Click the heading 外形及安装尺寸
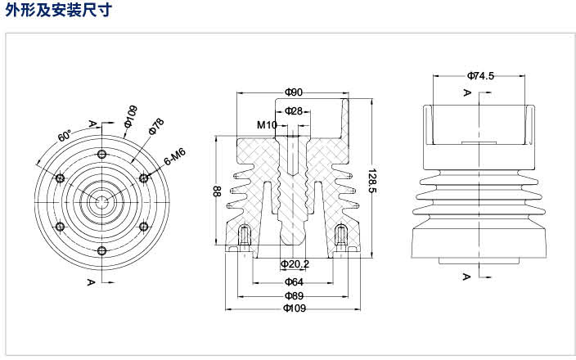[58, 10]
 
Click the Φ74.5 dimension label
[480, 76]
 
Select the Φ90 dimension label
[294, 92]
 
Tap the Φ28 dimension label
[294, 110]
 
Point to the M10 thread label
[267, 125]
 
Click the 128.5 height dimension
[372, 181]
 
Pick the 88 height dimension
[217, 191]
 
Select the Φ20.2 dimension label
[295, 263]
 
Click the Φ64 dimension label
[294, 281]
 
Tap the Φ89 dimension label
[294, 295]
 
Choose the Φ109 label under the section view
[295, 308]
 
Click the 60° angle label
[65, 136]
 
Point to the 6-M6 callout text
[175, 156]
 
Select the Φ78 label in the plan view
[156, 126]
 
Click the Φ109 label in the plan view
[131, 116]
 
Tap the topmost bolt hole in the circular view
[101, 154]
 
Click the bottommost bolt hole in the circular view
[101, 251]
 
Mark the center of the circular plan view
[101, 202]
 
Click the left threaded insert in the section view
[244, 235]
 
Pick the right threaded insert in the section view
[342, 235]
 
